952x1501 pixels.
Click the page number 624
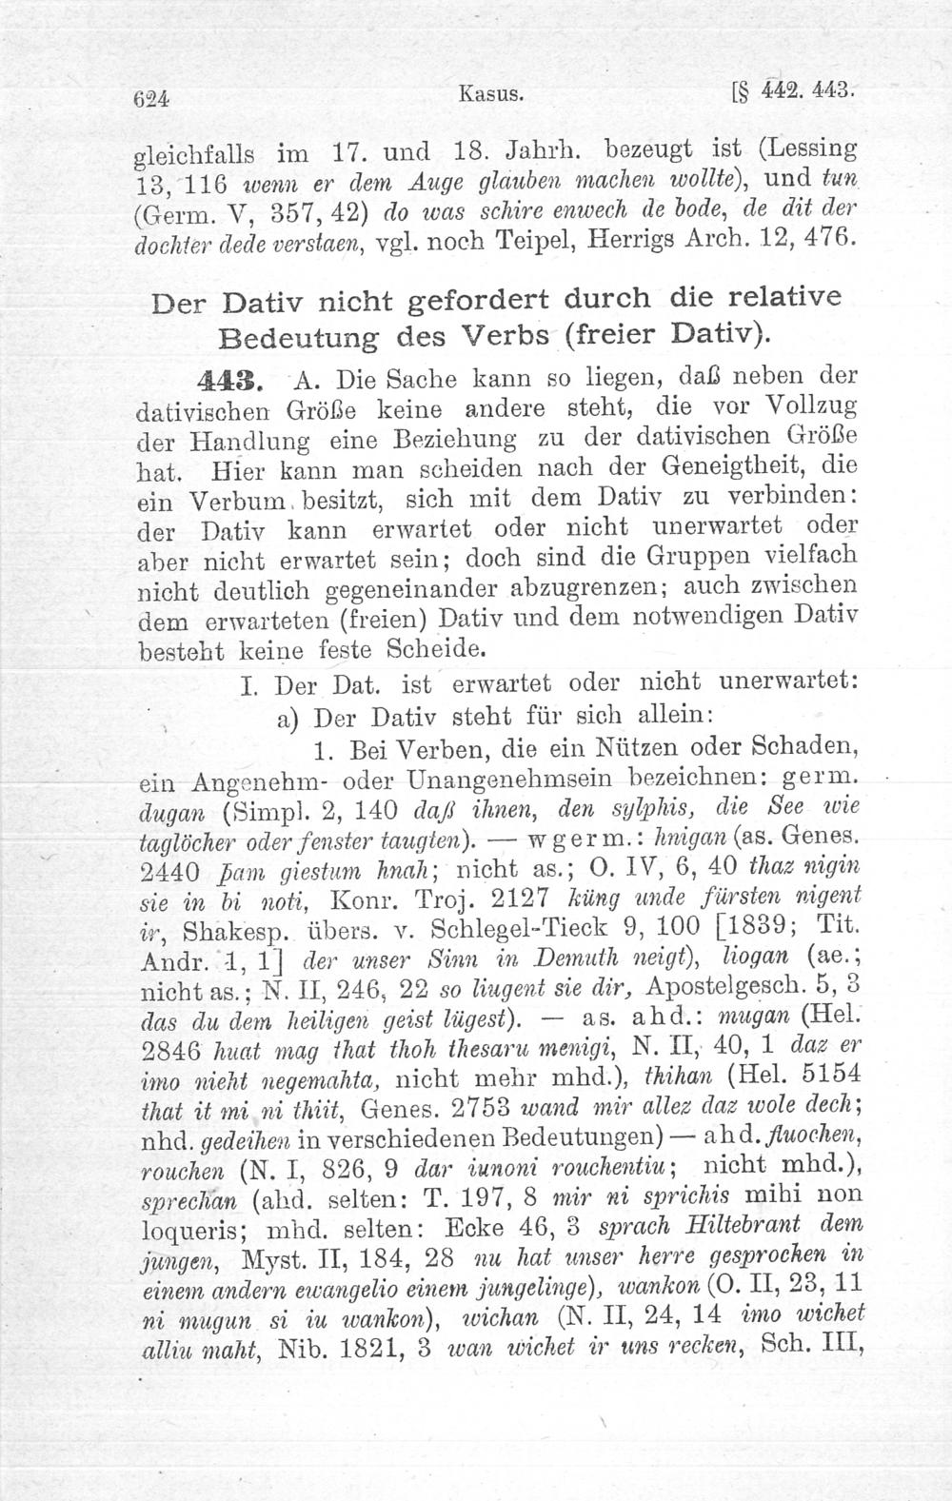coord(151,97)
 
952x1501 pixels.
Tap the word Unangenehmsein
coord(515,776)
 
